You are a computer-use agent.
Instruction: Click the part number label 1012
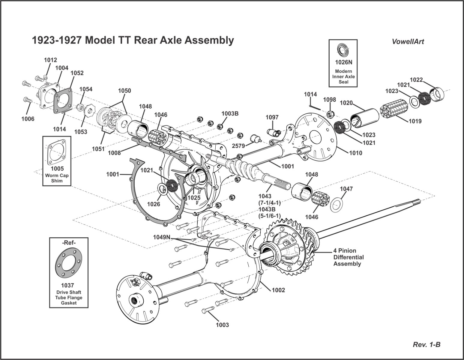point(50,60)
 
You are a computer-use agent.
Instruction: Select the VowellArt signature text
point(408,42)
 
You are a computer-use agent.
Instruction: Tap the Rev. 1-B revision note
point(427,345)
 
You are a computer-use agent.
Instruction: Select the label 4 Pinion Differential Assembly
point(348,257)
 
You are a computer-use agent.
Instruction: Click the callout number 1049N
point(162,237)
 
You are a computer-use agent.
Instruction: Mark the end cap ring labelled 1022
point(437,94)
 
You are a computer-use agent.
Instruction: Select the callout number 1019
point(415,121)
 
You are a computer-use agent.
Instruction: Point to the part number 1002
point(278,290)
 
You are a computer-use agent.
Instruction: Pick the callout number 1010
point(355,153)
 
